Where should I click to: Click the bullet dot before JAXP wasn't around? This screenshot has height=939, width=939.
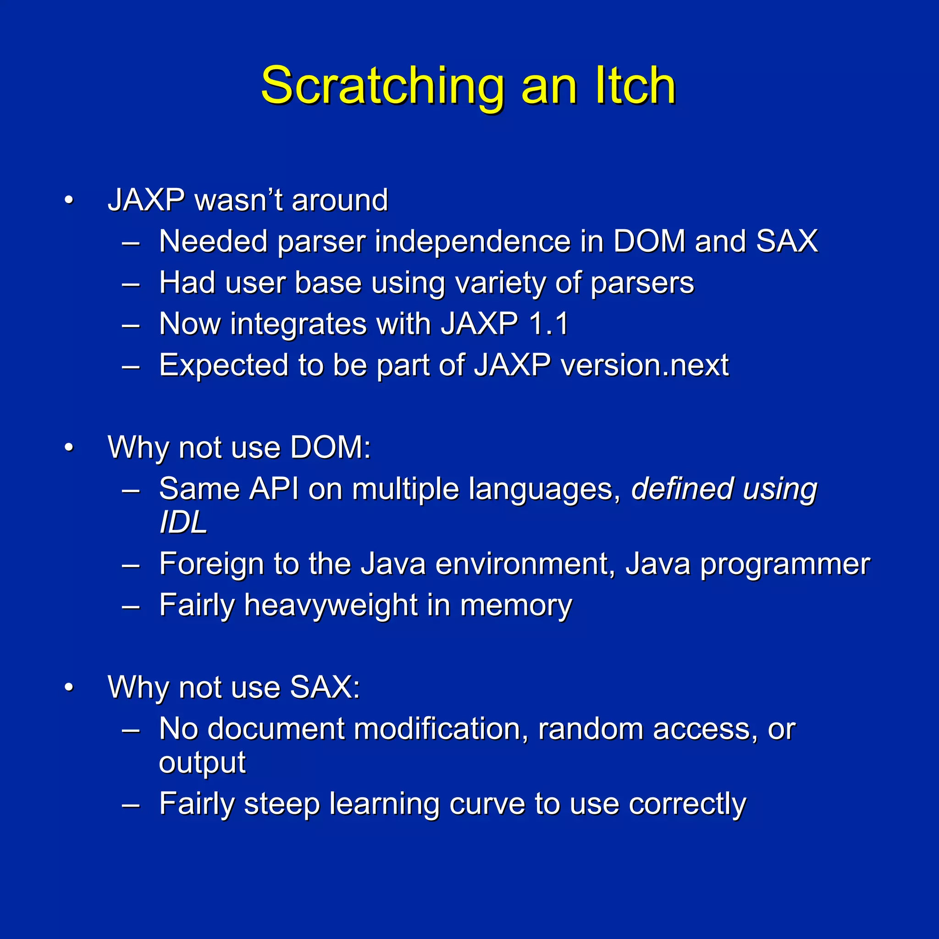tap(69, 200)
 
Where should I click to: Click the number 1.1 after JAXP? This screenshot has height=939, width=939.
tap(549, 324)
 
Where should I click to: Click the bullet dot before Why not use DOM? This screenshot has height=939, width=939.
tap(69, 447)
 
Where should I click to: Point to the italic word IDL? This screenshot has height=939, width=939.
tap(183, 523)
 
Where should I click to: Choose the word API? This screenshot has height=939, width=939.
tap(274, 488)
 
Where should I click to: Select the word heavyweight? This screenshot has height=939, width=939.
tap(331, 606)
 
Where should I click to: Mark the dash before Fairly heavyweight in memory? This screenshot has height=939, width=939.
tap(131, 606)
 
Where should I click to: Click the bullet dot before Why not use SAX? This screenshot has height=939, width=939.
tap(69, 688)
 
